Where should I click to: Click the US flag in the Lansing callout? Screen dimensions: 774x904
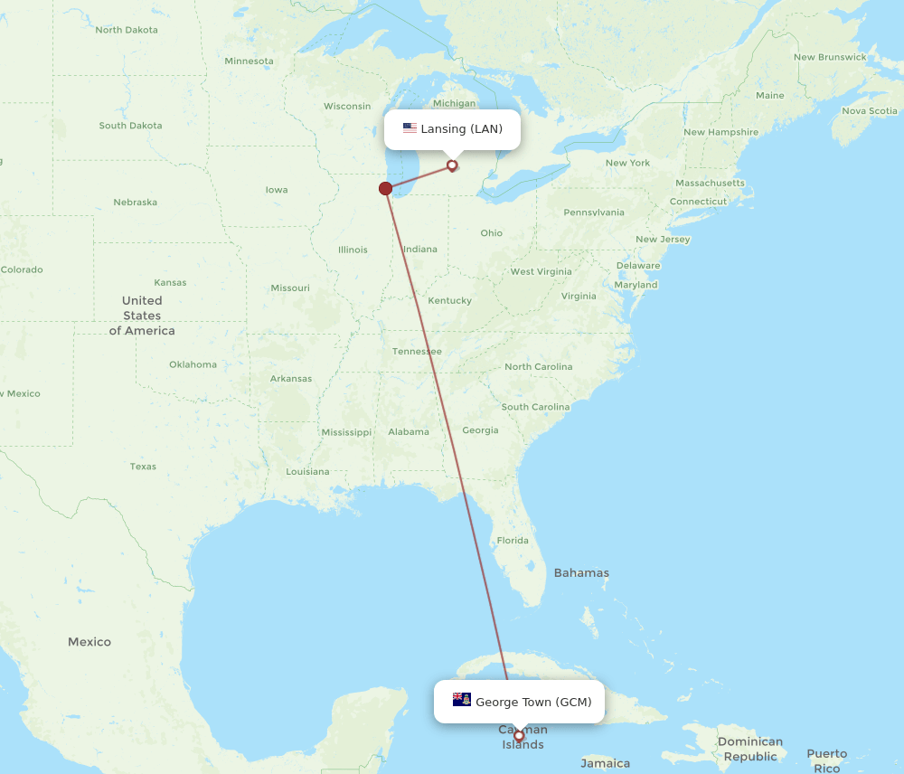[410, 128]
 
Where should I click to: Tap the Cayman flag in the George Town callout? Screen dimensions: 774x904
[462, 700]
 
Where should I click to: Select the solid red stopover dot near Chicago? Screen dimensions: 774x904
[386, 188]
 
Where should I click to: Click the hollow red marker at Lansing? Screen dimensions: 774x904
[452, 165]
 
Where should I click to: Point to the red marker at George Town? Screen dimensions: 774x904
[519, 735]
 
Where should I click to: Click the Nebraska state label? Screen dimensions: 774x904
[135, 203]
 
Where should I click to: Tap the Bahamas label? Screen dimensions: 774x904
[581, 572]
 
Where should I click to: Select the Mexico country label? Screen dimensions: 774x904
[89, 642]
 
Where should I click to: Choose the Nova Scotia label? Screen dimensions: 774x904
[870, 111]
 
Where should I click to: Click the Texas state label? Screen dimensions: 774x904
[143, 467]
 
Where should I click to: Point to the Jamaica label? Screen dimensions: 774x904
[606, 763]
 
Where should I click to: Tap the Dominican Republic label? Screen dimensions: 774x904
[750, 749]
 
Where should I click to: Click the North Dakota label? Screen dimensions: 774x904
[127, 30]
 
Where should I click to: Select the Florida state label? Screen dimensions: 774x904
[513, 541]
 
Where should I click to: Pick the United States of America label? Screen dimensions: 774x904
[142, 316]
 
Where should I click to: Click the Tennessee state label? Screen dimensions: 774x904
[417, 351]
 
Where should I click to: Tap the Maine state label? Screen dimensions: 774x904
[769, 95]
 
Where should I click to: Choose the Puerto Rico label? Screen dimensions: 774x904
[827, 760]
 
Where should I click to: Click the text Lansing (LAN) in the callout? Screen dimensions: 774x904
[461, 129]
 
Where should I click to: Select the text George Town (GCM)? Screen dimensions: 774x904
[533, 703]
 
